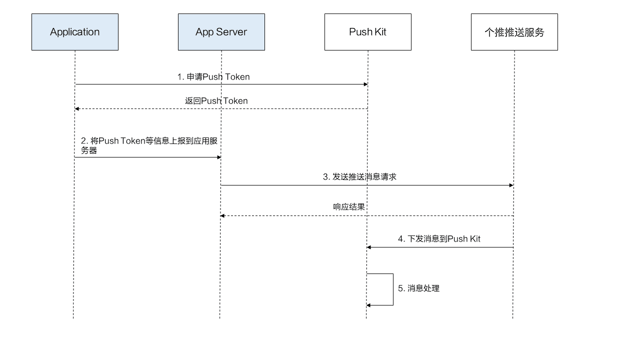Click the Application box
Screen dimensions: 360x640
point(75,32)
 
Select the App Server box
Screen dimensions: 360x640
point(221,32)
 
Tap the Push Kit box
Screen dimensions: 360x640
point(367,32)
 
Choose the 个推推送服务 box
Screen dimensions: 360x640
point(514,32)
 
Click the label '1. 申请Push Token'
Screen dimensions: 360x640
point(213,77)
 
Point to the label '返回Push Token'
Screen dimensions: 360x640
point(216,101)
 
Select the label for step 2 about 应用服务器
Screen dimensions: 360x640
point(149,145)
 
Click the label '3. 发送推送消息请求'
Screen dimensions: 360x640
point(359,177)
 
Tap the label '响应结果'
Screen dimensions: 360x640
point(349,207)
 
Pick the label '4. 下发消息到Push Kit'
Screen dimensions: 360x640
point(439,239)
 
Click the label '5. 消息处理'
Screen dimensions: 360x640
point(418,288)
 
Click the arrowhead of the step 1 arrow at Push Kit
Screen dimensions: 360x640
point(365,84)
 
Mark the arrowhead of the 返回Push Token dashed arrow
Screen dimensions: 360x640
point(77,108)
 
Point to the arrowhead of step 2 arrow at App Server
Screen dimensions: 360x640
point(218,157)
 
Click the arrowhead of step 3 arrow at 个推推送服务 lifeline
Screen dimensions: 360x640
point(511,185)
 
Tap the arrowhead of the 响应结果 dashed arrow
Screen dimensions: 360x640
point(223,216)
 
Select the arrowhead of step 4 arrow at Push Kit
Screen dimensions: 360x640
point(369,247)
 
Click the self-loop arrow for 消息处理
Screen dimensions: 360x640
point(393,289)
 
